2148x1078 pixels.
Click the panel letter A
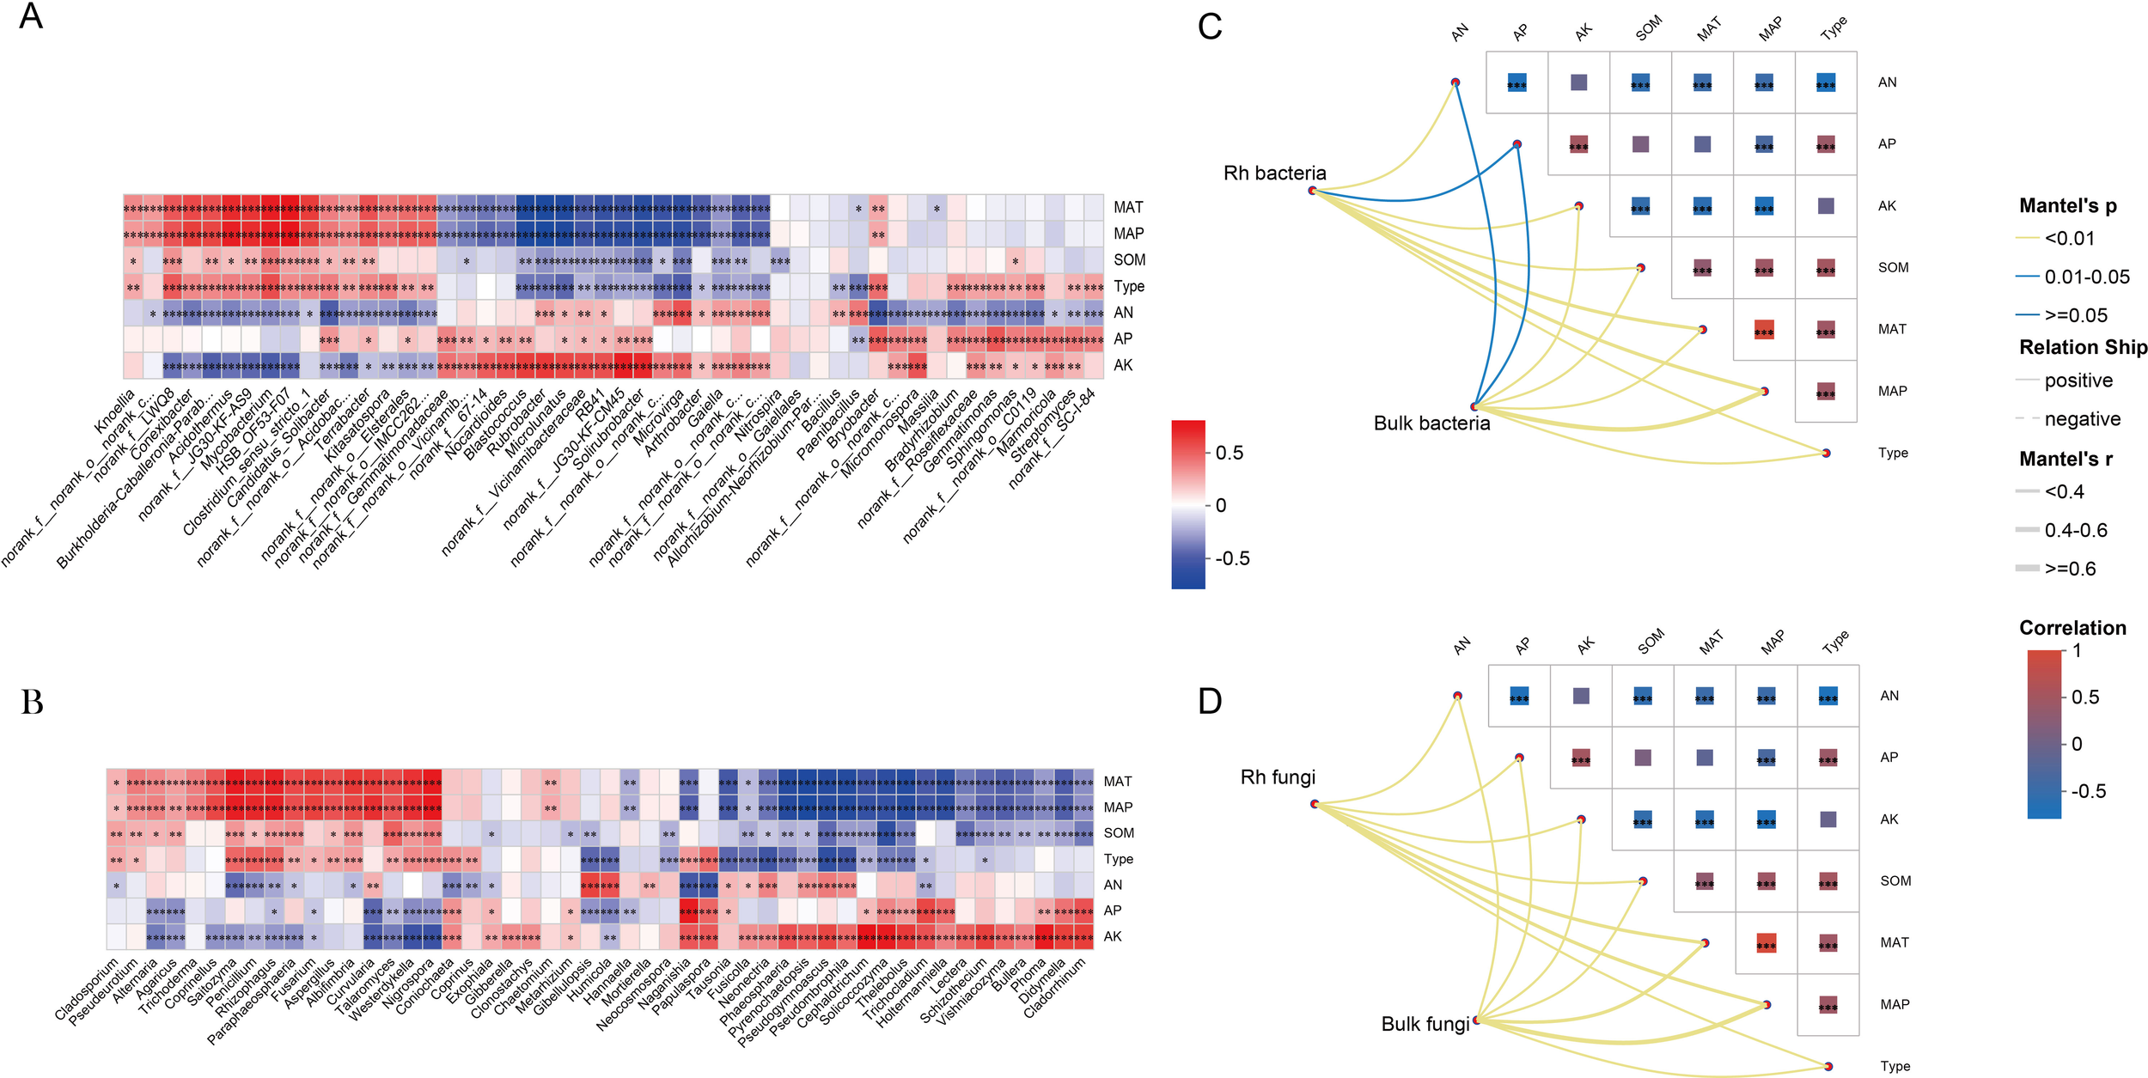click(31, 16)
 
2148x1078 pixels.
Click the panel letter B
click(32, 702)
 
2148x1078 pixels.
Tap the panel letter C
click(1210, 27)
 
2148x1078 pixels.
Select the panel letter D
click(1210, 701)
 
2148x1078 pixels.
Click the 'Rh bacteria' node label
click(1274, 174)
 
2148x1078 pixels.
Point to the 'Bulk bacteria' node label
click(1431, 423)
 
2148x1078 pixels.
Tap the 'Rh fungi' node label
click(1278, 777)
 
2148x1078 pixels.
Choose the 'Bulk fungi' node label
click(1425, 1024)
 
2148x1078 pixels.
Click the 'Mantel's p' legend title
click(2067, 206)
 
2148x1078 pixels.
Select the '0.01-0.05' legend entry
click(2087, 277)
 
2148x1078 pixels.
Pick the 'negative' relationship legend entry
click(2082, 419)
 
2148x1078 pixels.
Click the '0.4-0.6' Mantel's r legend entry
click(2076, 530)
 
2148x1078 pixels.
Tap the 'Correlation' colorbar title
click(2072, 628)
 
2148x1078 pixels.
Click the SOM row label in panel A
click(1129, 260)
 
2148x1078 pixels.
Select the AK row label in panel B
click(1113, 936)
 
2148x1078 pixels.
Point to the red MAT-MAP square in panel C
click(1764, 330)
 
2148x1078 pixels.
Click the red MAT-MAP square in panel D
click(1767, 943)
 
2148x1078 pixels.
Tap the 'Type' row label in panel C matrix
click(1893, 453)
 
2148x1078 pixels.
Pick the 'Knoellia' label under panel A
click(115, 411)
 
